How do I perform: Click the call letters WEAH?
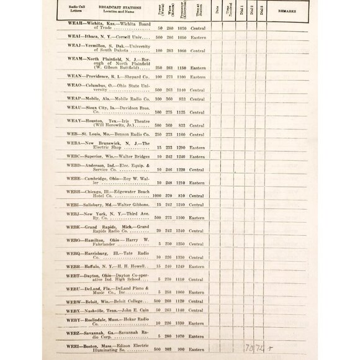coord(74,22)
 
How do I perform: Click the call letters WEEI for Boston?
coord(74,346)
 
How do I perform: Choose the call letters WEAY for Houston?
coord(74,120)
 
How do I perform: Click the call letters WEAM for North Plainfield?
coord(74,58)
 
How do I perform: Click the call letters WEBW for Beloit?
coord(74,301)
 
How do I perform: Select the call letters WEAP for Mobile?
coord(74,98)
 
